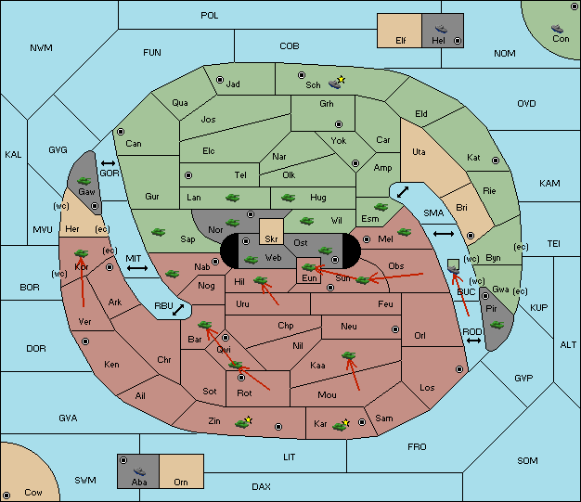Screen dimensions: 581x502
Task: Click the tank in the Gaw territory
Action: click(x=84, y=181)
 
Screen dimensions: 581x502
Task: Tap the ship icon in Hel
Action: click(x=441, y=29)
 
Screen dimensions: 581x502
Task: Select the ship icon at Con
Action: click(x=557, y=29)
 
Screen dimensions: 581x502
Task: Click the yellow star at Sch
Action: click(x=342, y=79)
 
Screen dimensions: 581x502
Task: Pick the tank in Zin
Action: click(x=242, y=423)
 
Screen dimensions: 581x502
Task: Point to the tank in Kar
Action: click(x=339, y=427)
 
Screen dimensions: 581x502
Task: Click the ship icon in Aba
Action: click(x=140, y=471)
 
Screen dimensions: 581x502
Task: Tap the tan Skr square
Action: click(x=271, y=232)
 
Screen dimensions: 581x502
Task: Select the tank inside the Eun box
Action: click(x=309, y=266)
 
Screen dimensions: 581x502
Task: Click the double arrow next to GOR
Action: click(x=108, y=163)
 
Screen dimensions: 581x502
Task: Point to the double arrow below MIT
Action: click(x=137, y=268)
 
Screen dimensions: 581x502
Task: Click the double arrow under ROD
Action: click(x=473, y=341)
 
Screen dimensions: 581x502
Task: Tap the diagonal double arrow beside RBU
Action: click(x=178, y=310)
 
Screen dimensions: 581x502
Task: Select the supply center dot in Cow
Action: click(x=6, y=495)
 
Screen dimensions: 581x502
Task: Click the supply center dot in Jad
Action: click(x=220, y=80)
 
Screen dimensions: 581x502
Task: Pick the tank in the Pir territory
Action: click(x=497, y=325)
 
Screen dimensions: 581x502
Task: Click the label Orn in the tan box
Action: click(x=181, y=482)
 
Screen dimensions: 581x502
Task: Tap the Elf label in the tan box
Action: click(x=401, y=41)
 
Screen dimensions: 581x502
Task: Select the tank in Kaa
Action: click(x=349, y=355)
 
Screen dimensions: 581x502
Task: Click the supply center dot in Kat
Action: click(x=496, y=161)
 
